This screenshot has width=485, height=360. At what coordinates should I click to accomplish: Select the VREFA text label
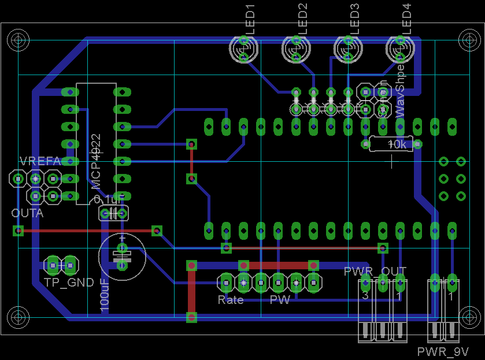tap(40, 161)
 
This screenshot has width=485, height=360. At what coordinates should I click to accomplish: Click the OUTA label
tap(27, 213)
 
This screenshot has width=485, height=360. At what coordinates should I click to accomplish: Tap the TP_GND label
tap(69, 283)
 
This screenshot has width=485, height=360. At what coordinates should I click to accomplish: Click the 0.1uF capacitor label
tap(109, 199)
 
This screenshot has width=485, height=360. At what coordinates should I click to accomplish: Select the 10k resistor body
tap(391, 144)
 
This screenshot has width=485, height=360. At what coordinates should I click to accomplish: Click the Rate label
tap(230, 300)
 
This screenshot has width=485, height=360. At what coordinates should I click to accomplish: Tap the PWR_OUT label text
tap(375, 270)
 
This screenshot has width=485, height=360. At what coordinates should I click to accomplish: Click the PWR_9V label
tap(443, 352)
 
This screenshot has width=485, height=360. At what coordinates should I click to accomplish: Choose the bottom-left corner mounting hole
tap(18, 317)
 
